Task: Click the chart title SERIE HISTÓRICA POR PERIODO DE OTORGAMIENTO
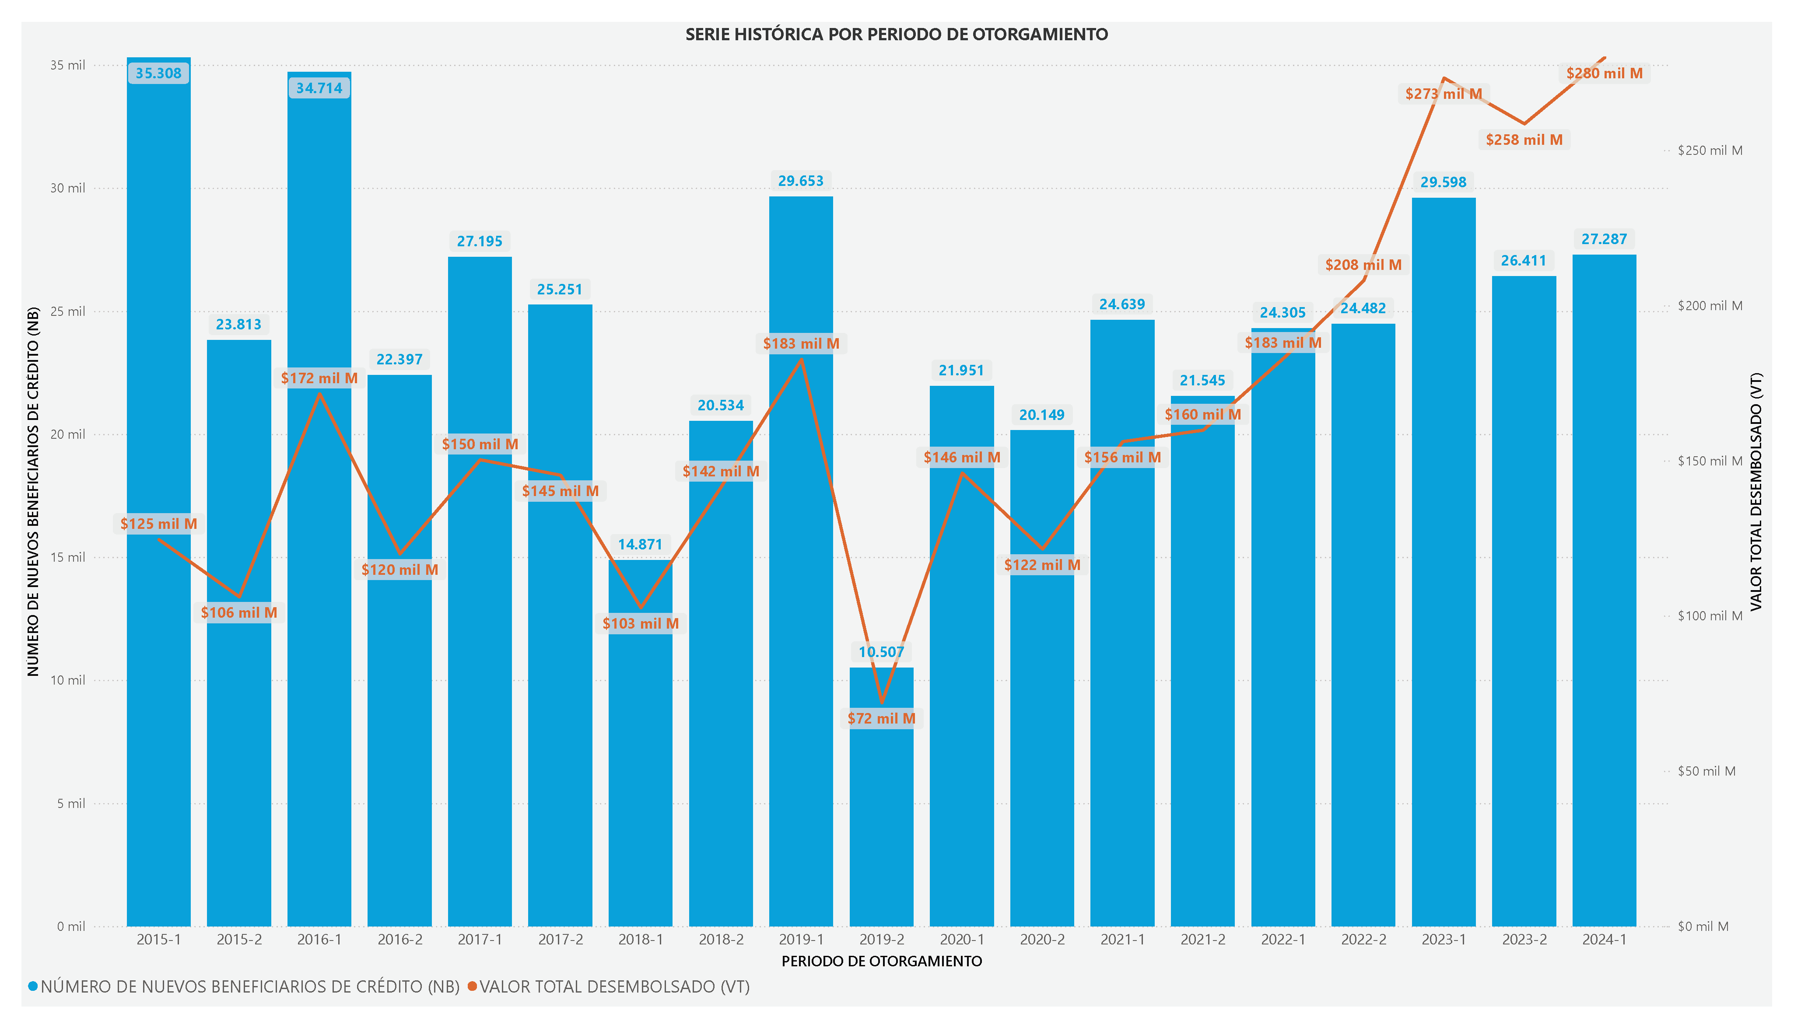tap(896, 34)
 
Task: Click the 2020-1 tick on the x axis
tap(962, 940)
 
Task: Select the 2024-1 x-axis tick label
tap(1604, 940)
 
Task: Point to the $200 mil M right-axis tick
tap(1710, 306)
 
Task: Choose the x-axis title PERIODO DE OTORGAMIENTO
tap(882, 961)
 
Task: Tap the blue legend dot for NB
tap(32, 986)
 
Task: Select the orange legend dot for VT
tap(472, 986)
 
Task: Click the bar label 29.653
tap(801, 181)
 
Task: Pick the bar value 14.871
tap(640, 544)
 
